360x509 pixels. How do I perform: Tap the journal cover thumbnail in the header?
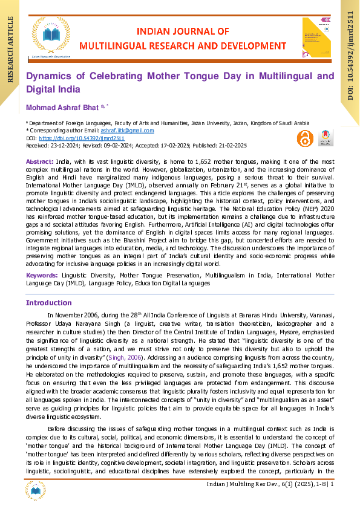[316, 38]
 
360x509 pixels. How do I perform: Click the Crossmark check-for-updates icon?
[325, 137]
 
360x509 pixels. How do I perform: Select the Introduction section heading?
[48, 302]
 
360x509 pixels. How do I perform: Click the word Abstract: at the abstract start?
[39, 163]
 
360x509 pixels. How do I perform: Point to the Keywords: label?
[42, 274]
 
